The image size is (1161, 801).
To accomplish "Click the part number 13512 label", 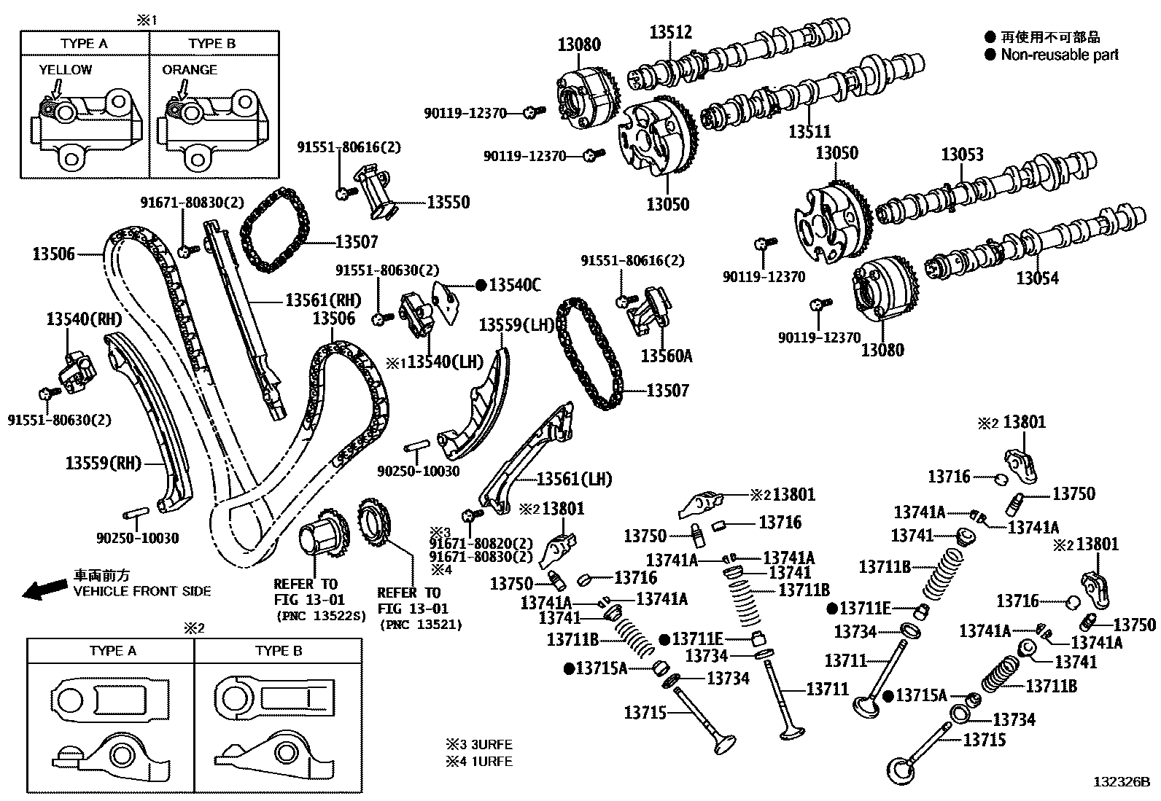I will click(x=671, y=32).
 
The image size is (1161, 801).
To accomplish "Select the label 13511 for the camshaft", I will click(x=809, y=132).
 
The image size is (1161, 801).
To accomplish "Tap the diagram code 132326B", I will click(x=1120, y=783).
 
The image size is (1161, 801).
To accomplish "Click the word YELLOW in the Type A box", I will click(x=66, y=70).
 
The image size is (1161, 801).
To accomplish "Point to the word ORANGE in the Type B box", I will click(x=190, y=70).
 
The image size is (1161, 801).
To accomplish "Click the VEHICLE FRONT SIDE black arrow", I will click(x=42, y=590).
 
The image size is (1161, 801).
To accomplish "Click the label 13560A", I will click(x=667, y=356).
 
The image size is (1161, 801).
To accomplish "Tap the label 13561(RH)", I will click(x=323, y=300).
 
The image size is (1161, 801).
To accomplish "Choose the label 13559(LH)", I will click(x=517, y=325).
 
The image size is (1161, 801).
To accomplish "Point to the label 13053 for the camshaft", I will click(x=962, y=155).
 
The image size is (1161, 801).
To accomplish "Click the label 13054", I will click(x=1038, y=278).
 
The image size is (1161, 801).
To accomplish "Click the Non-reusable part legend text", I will click(x=1059, y=55).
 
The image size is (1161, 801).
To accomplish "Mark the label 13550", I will click(x=448, y=202).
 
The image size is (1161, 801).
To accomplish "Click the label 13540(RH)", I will click(x=84, y=319).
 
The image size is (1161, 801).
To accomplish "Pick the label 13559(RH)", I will click(x=103, y=464).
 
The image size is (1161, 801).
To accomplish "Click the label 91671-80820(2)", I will click(x=481, y=543).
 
